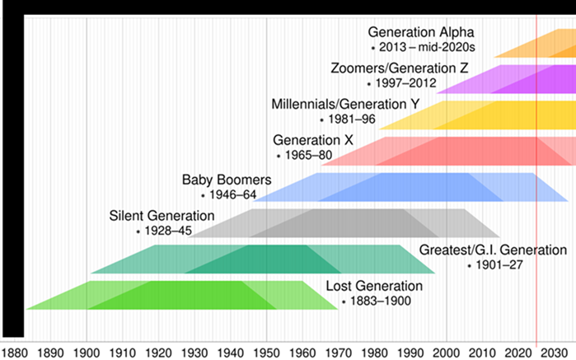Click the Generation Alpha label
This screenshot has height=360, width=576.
(x=422, y=32)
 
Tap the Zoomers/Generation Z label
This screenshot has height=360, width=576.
(x=399, y=68)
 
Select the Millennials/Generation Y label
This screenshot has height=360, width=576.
(x=345, y=104)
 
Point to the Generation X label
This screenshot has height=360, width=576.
(x=313, y=140)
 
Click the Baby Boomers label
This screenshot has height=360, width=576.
(x=227, y=180)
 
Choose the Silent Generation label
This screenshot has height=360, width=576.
(x=162, y=216)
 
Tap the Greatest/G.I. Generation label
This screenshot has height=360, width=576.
(x=493, y=250)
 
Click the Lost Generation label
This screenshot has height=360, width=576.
(x=374, y=287)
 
